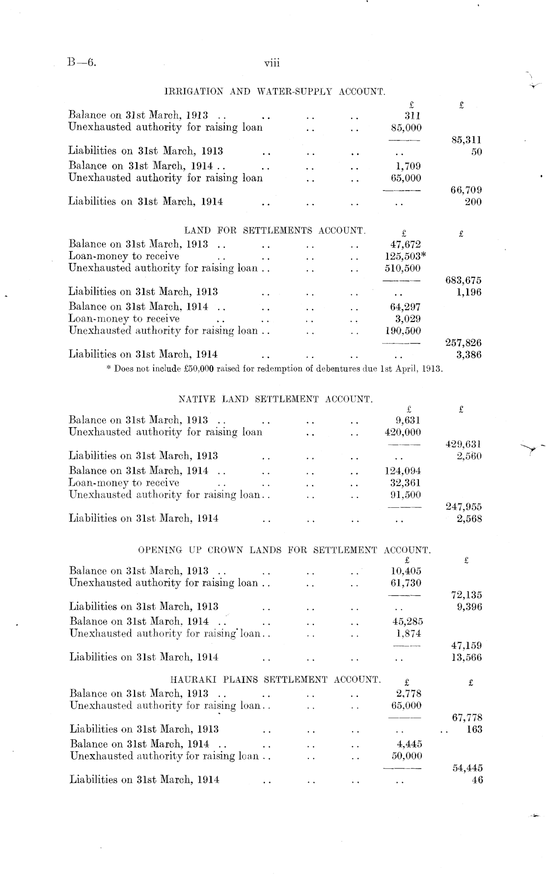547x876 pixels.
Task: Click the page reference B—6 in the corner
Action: tap(81, 62)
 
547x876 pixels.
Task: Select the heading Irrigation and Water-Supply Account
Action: tap(274, 91)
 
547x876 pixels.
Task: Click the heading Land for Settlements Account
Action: tap(275, 230)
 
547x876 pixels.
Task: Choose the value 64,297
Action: tap(405, 307)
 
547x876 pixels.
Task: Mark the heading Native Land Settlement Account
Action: tap(275, 399)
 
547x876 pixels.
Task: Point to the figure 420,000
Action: tap(403, 432)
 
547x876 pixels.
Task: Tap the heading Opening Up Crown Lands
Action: tap(284, 550)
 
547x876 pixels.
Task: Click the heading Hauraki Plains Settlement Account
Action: tap(275, 680)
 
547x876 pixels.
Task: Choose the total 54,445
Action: tap(467, 768)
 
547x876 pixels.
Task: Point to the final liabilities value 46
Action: tap(477, 780)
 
